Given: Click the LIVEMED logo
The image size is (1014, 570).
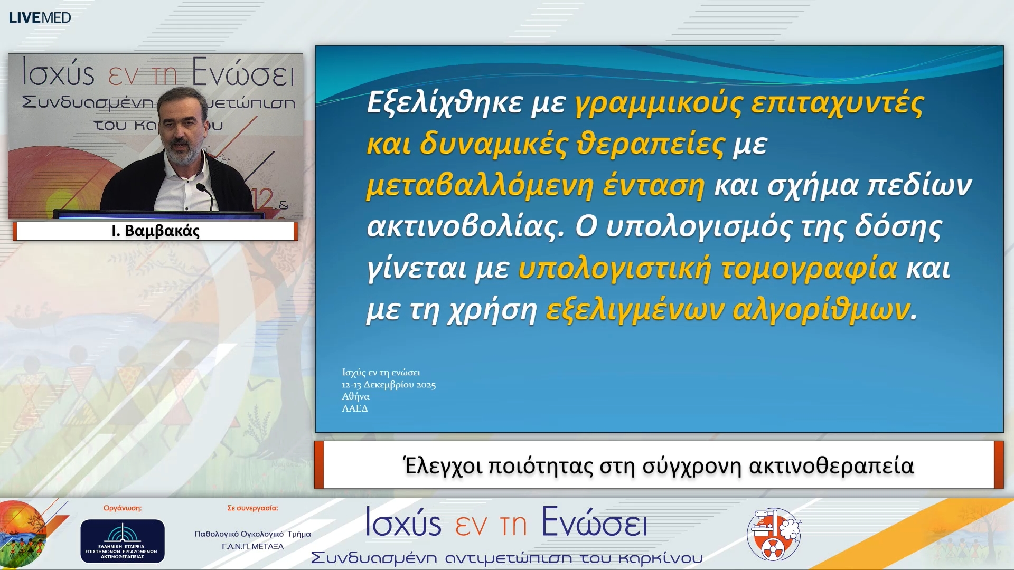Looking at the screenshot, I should pyautogui.click(x=40, y=17).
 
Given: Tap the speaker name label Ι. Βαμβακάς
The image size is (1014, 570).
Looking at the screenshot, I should pyautogui.click(x=155, y=231).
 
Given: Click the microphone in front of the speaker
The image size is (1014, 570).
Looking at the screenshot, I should pyautogui.click(x=203, y=190).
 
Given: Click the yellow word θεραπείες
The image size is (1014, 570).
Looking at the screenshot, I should pyautogui.click(x=650, y=144).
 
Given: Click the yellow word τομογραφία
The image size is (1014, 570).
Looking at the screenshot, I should pyautogui.click(x=809, y=268).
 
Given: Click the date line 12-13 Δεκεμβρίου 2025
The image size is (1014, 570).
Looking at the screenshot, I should pyautogui.click(x=389, y=385).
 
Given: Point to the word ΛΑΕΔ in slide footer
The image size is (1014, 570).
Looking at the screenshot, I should pyautogui.click(x=355, y=408).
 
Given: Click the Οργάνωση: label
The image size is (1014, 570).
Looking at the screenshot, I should pyautogui.click(x=123, y=508).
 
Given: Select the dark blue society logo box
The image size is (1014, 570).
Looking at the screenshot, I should pyautogui.click(x=123, y=541).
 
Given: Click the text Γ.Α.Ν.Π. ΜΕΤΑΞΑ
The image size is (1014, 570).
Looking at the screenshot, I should pyautogui.click(x=252, y=547).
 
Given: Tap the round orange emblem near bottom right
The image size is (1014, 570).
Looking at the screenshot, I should pyautogui.click(x=774, y=534).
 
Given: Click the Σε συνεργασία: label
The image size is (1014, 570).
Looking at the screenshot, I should pyautogui.click(x=252, y=508).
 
